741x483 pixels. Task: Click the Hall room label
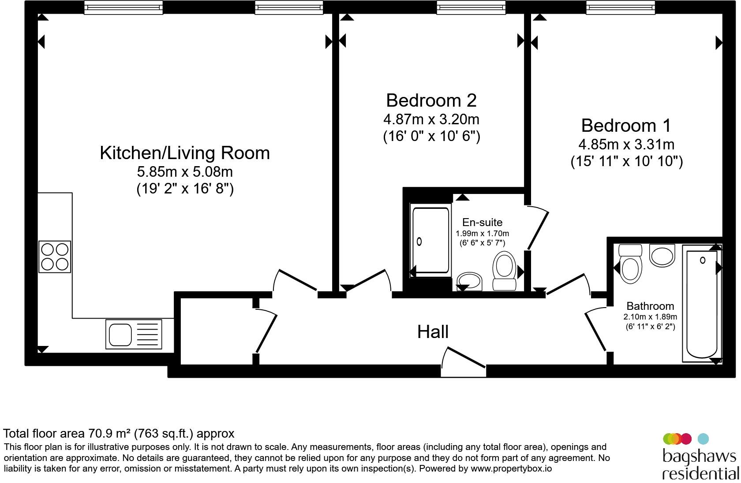point(433,331)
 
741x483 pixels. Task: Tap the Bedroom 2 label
point(431,100)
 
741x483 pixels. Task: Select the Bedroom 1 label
point(626,125)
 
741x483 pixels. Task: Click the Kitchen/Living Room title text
point(185,153)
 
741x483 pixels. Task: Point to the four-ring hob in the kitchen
point(55,256)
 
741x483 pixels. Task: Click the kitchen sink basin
point(120,334)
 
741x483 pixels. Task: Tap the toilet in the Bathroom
point(630,264)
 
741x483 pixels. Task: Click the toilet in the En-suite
point(505,271)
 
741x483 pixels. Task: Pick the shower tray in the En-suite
point(430,241)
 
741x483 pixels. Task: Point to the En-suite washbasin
point(469,282)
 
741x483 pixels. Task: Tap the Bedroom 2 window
point(471,7)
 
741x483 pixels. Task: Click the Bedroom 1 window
point(621,7)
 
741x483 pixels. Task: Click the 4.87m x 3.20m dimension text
point(431,119)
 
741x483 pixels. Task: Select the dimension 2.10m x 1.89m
point(650,317)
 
